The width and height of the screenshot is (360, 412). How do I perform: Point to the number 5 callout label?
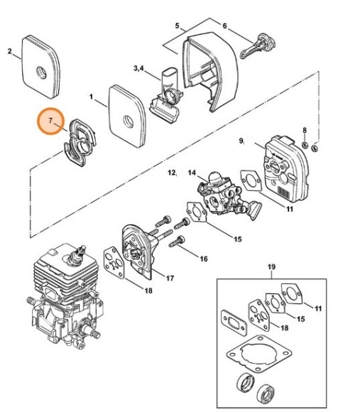point(177,26)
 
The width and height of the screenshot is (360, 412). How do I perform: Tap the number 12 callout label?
point(171,173)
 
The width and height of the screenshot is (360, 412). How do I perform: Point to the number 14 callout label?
point(192,173)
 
